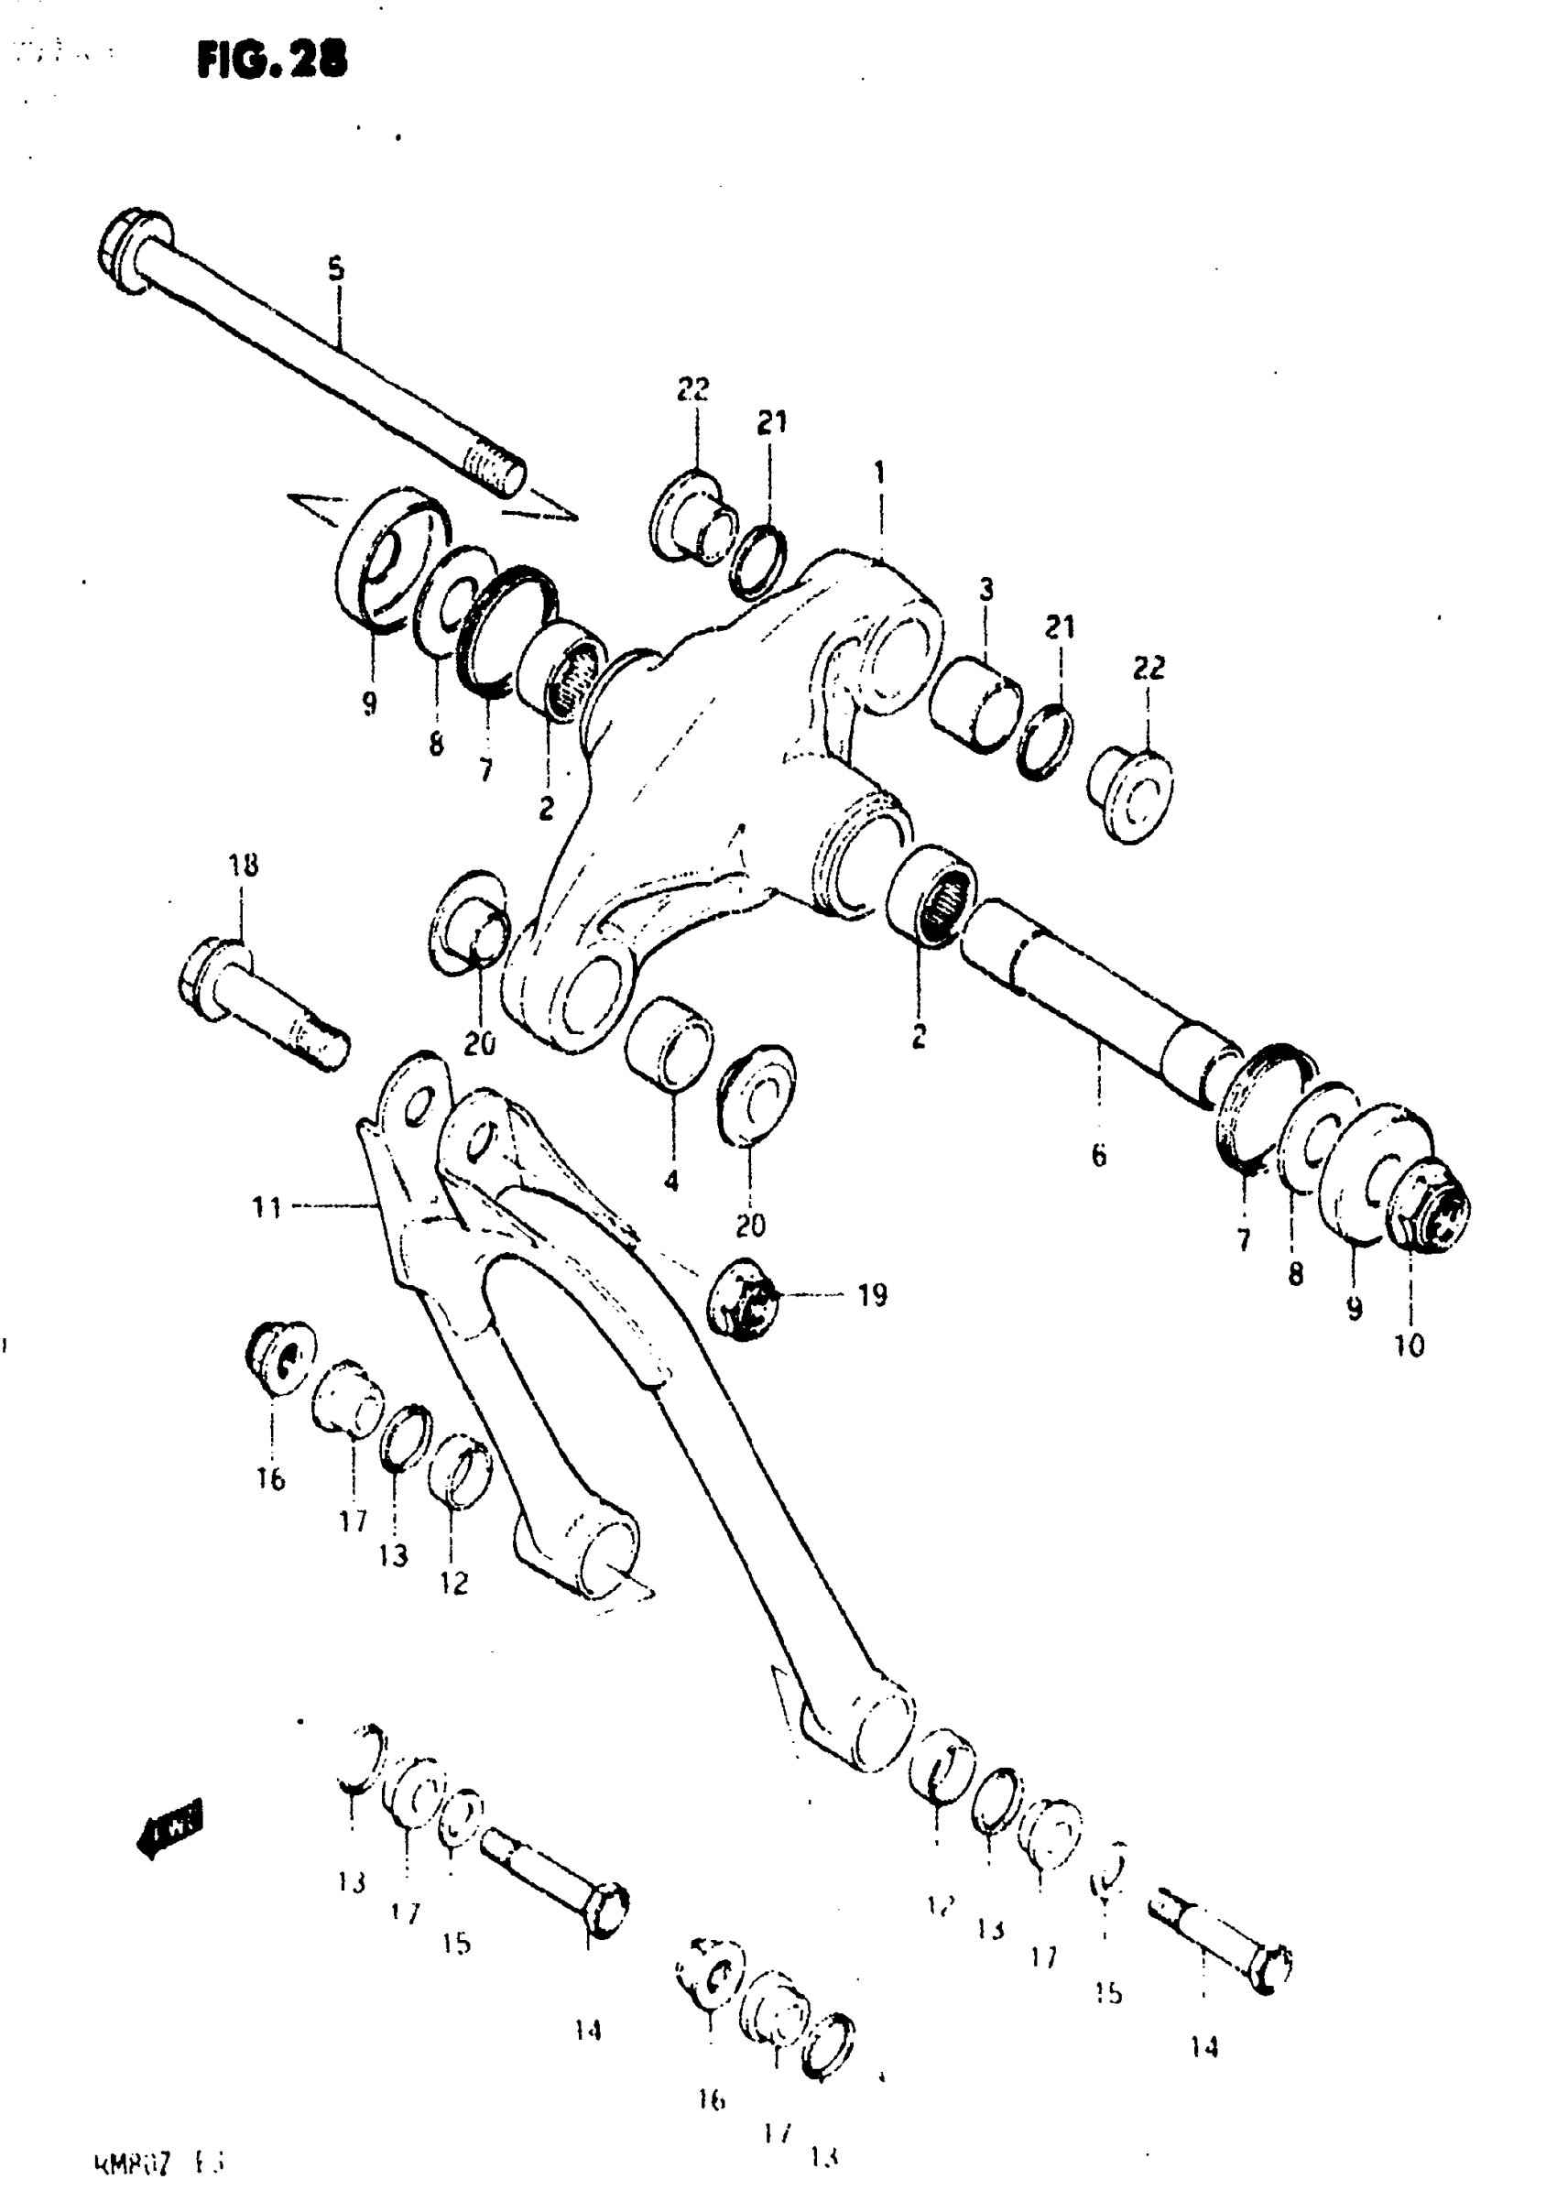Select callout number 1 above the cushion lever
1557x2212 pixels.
click(878, 473)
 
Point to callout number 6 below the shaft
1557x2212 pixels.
click(1099, 1155)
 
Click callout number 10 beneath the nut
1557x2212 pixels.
click(1409, 1346)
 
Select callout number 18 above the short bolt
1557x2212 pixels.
click(244, 866)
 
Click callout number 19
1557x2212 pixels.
click(872, 1296)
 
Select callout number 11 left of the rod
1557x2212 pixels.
click(267, 1206)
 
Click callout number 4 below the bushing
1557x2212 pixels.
click(671, 1179)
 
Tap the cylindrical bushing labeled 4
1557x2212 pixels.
click(670, 1042)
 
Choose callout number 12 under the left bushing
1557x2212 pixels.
click(453, 1583)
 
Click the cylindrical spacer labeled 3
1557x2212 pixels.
click(975, 703)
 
